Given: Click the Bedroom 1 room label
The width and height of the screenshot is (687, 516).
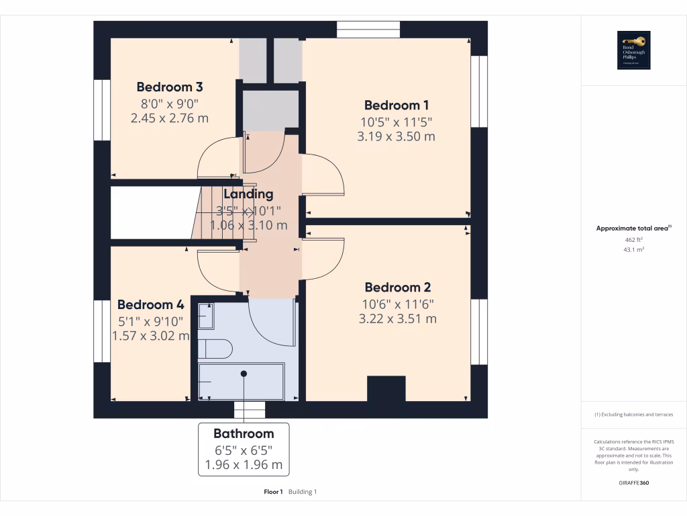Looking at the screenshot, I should (x=397, y=105).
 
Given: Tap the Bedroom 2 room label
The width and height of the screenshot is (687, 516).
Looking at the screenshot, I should (x=399, y=288).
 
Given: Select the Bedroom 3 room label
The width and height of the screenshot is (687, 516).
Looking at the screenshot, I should (x=170, y=87).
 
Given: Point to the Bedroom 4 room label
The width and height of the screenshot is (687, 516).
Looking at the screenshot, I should (x=150, y=304).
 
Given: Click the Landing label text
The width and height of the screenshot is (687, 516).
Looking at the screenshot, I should (x=248, y=194).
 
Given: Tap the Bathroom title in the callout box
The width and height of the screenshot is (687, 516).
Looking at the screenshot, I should (x=244, y=433).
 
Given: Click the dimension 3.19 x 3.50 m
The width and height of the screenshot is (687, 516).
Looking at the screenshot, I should (x=397, y=136).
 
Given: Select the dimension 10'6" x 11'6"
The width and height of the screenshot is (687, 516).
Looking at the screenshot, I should (x=398, y=304).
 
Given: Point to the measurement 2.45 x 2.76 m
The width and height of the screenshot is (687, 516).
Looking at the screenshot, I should (x=170, y=118).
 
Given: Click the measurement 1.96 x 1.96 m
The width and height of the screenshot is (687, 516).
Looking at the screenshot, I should (x=244, y=464).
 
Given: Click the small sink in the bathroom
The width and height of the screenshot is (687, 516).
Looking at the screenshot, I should (x=206, y=316).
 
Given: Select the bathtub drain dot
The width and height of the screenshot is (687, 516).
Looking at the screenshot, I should (x=244, y=374).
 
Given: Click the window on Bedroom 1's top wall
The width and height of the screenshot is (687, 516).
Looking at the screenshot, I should (x=368, y=30).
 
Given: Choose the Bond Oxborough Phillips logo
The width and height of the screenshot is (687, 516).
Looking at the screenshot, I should (x=634, y=50).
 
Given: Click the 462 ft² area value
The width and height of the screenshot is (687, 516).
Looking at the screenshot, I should (x=633, y=239).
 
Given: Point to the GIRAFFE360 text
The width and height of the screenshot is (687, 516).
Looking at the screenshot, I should (x=633, y=482).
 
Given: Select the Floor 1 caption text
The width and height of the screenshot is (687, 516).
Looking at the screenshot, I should (x=273, y=492).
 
